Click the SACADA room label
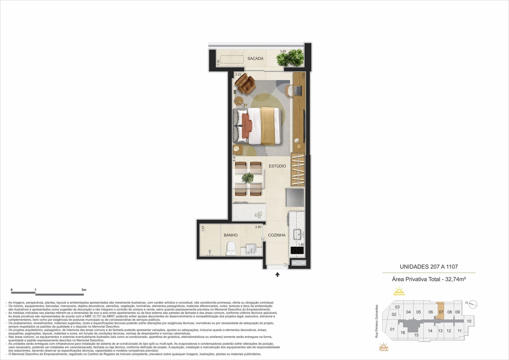pos(255,59)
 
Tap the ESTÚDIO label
pos(277,166)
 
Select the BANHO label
pos(231,235)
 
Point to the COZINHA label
pos(276,235)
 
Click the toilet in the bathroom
pos(231,248)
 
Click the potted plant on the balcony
pos(290,57)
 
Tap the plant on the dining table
pos(248,178)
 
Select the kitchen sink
pos(298,234)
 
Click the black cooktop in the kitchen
pos(297,250)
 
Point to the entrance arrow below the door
pos(277,274)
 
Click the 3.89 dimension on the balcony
pos(283,51)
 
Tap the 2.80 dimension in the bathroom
pos(258,227)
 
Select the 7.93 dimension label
pos(303,76)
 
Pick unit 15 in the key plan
pos(416,335)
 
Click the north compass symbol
pos(473,304)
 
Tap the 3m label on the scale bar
pos(84,290)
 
